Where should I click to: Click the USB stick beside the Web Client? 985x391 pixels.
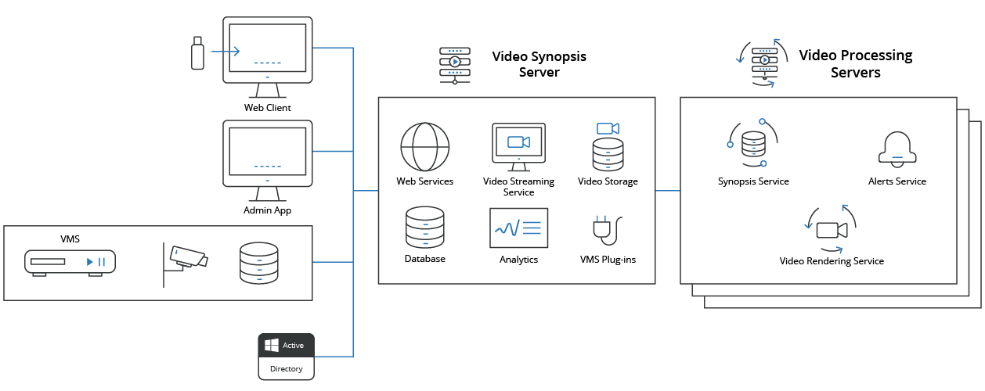198,52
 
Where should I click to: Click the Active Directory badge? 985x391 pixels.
286,356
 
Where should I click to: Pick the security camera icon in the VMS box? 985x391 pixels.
186,259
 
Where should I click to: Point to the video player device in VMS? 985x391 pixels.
70,262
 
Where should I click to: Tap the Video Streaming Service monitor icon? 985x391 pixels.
518,145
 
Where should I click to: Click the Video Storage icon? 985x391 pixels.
608,146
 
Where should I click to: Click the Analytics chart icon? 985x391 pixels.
518,228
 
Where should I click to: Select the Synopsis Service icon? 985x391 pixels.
752,144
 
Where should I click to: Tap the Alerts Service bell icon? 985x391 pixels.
897,147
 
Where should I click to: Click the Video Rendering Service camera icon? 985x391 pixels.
832,229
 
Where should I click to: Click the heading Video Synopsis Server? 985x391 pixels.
539,64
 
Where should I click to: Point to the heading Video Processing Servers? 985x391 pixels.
855,64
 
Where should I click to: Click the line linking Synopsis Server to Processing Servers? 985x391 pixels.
667,190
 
